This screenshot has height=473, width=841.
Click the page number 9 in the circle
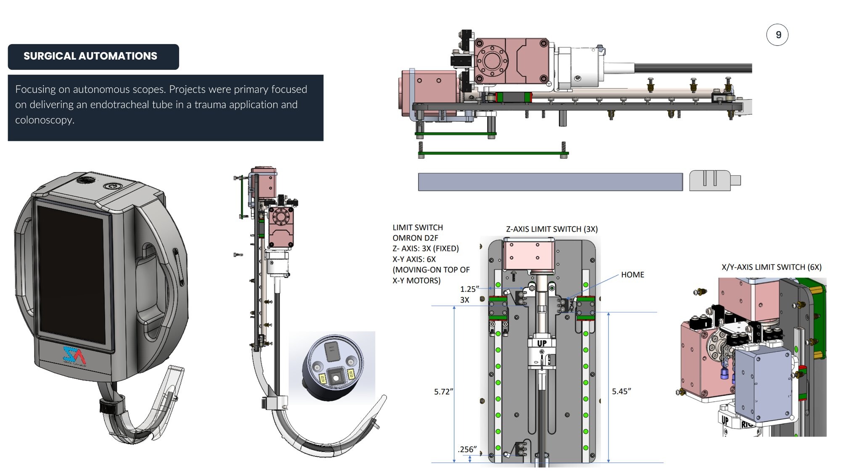tap(778, 35)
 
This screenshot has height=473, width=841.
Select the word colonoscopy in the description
tap(45, 120)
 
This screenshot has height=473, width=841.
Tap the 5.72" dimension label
tap(443, 392)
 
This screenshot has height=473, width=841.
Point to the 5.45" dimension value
tap(621, 391)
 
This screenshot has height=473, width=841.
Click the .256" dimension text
tap(467, 449)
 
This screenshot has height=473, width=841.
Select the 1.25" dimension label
tap(469, 289)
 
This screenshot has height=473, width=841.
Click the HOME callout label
tap(632, 275)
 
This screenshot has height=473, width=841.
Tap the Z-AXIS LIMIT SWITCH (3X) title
tap(551, 229)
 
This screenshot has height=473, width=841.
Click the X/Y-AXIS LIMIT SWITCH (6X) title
tap(771, 267)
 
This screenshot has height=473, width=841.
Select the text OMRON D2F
tap(415, 238)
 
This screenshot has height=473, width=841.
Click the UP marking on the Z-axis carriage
tap(542, 344)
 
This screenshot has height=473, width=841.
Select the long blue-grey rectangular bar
tap(550, 182)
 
